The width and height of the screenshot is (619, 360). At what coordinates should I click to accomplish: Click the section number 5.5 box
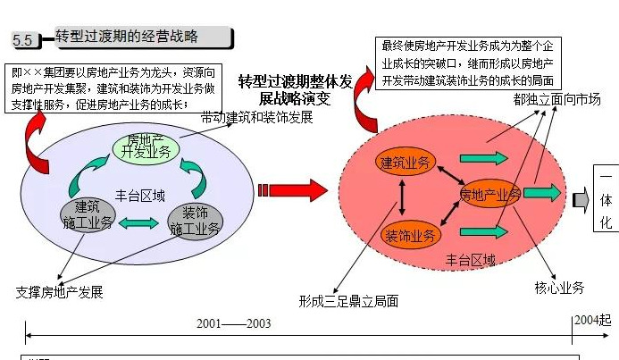(23, 40)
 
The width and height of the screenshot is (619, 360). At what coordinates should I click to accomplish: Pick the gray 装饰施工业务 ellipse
(195, 220)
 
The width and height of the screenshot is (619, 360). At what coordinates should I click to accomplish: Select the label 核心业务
(559, 288)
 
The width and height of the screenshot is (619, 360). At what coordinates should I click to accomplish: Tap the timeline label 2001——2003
(233, 323)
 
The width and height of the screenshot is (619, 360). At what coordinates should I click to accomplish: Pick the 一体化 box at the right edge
(606, 198)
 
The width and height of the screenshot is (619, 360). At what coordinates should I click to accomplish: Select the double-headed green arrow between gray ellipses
(141, 222)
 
